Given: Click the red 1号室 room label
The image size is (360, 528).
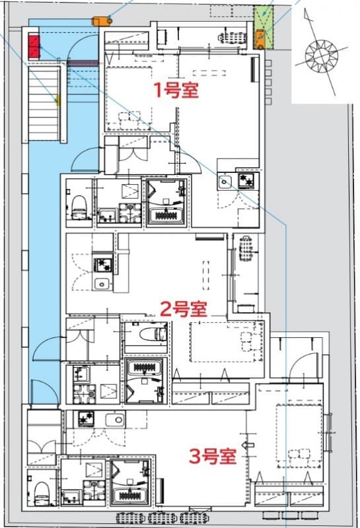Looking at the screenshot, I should point(176,90).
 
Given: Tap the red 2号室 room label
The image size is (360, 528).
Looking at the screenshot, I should point(184,308).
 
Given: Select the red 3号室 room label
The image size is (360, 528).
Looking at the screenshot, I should point(213,456).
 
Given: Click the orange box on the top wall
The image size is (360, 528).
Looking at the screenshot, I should point(102,20).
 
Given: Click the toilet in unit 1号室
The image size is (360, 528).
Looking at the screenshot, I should point(78,205).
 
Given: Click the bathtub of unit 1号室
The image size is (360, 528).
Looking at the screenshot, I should point(166,215).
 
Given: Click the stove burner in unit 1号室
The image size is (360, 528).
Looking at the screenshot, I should point(247,181).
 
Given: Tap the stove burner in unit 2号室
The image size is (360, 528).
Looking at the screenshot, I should point(102,265).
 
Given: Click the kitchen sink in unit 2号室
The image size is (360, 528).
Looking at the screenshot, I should point(101,284).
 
